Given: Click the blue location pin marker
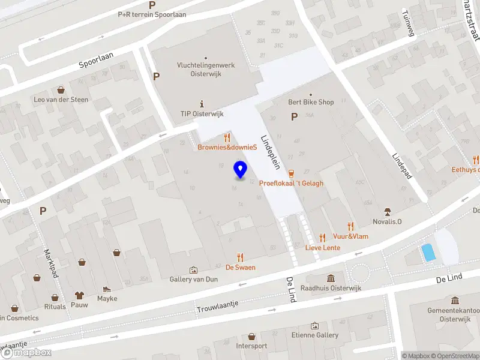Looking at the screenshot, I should tap(240, 170).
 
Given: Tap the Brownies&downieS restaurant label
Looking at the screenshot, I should tap(227, 147).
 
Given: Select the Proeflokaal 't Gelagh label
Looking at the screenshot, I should tap(291, 183).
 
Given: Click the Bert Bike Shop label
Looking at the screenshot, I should tap(310, 102).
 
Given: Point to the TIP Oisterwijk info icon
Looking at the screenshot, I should tap(202, 103).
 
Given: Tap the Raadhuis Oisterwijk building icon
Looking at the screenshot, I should tap(331, 278).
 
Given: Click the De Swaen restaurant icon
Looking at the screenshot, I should tap(241, 257).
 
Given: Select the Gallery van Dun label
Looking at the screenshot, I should tap(193, 280).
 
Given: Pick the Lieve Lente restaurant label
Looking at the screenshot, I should tap(323, 247).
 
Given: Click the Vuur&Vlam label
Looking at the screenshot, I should tap(350, 236).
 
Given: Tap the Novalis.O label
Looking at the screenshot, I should tap(388, 223).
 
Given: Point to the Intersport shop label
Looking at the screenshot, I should tap(251, 346).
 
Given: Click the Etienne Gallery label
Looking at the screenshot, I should tap(314, 335).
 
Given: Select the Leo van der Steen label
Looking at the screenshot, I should tap(61, 100).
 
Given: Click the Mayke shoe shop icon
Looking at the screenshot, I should tap(107, 289).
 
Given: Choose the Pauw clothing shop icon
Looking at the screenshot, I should tap(79, 295).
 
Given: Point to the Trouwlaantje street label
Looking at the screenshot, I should tap(217, 306).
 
